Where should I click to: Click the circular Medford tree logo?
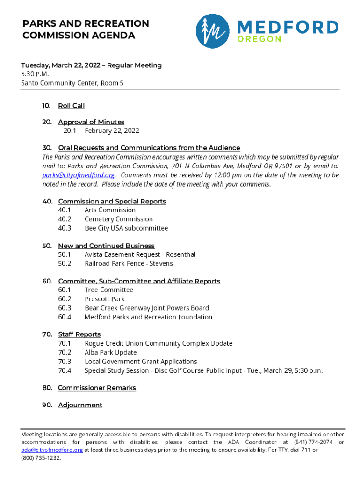tap(212, 31)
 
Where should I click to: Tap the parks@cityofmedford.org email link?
tap(79, 175)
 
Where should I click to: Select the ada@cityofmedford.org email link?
tap(52, 450)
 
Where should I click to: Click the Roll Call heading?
tap(71, 106)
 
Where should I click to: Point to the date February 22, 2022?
tap(112, 131)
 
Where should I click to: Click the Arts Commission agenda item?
tap(110, 210)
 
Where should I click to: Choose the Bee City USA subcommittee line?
tap(126, 228)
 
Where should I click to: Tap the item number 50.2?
tap(65, 263)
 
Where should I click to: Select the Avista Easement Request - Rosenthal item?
tap(140, 254)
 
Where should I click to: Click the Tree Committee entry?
tap(108, 290)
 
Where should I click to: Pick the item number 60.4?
tap(65, 317)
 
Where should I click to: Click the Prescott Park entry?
tap(104, 299)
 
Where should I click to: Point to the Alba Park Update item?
tap(110, 352)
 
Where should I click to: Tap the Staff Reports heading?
tap(79, 334)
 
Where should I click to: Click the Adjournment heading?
tap(80, 405)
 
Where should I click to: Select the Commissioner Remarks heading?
tap(97, 388)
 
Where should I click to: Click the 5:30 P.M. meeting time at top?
tap(35, 74)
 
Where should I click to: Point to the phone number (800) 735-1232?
tap(41, 458)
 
